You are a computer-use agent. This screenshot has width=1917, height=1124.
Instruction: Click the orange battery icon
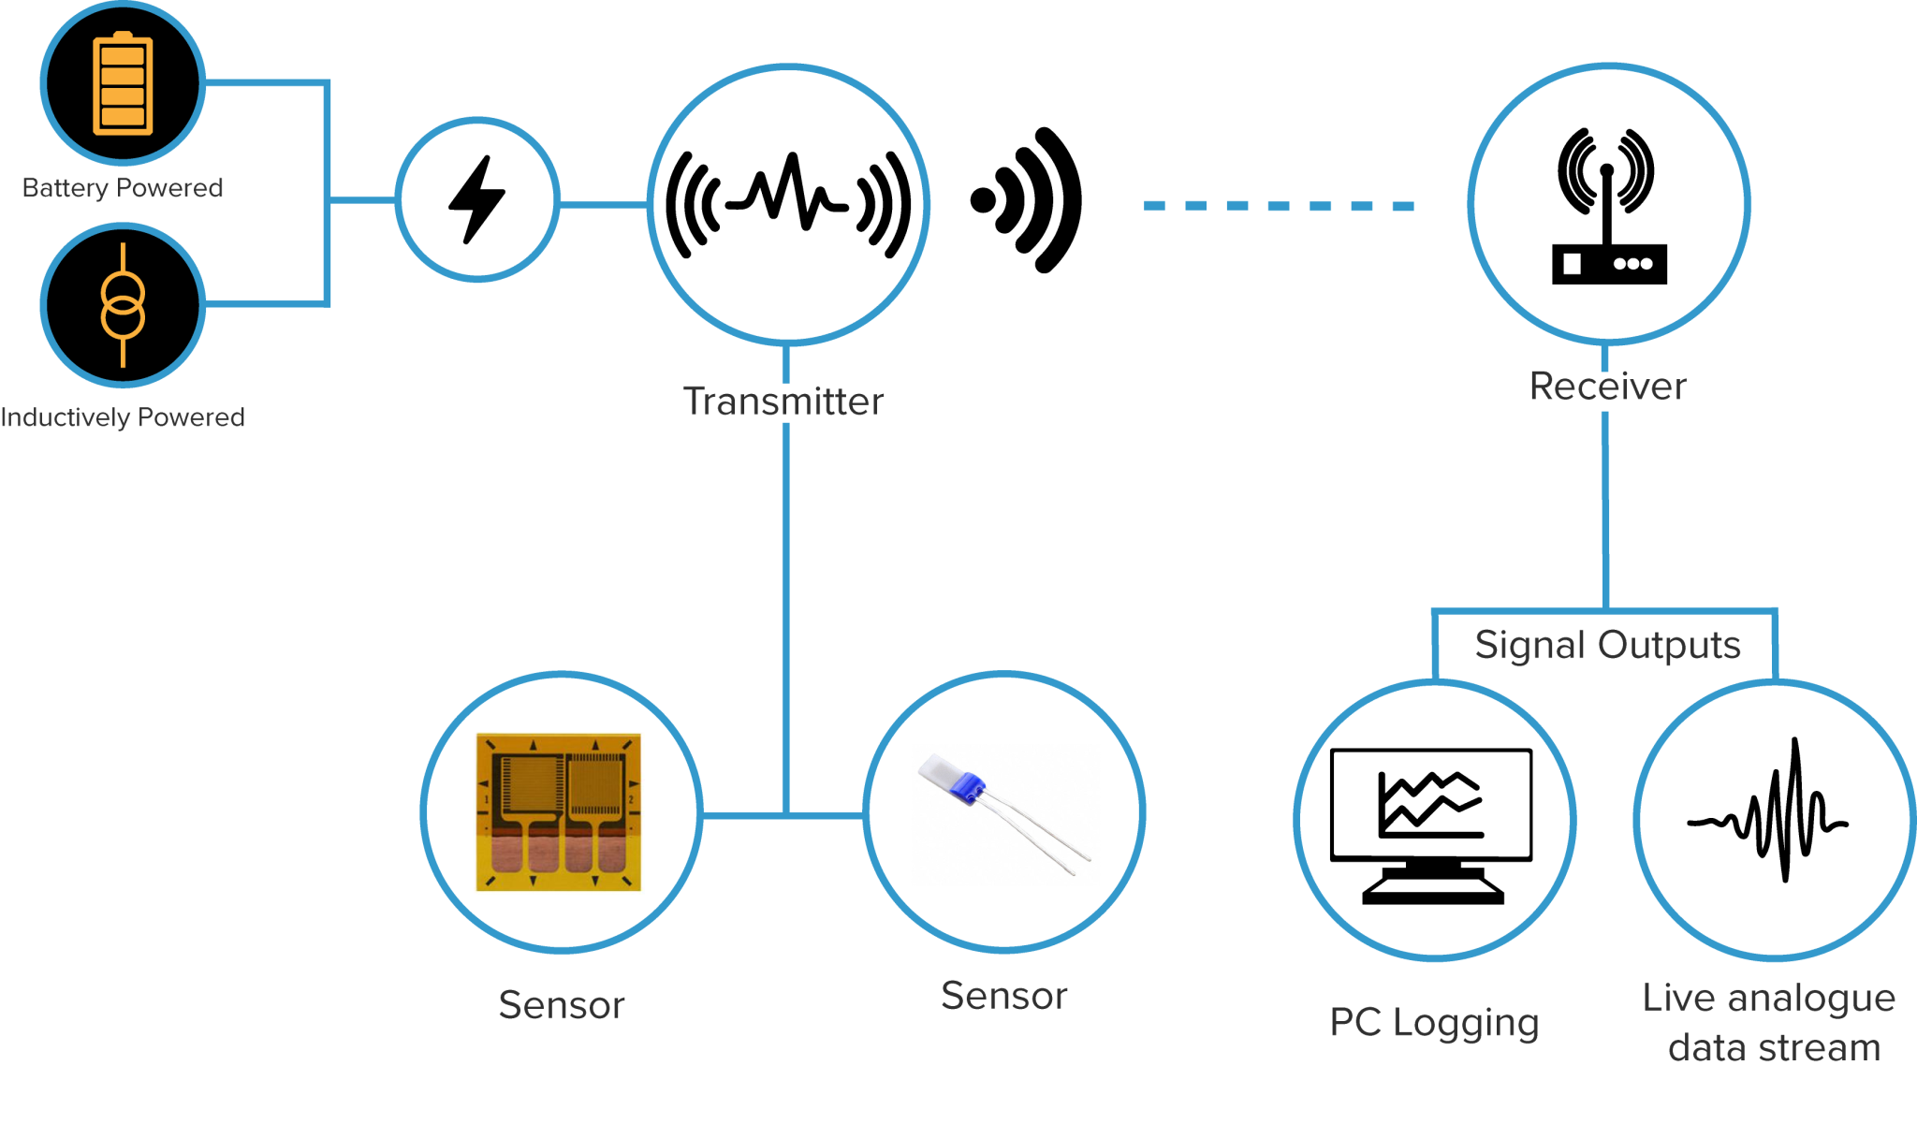coord(123,84)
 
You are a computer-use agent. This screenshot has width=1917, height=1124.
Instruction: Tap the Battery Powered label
coord(123,188)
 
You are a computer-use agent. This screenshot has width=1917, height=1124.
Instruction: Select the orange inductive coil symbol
coord(123,305)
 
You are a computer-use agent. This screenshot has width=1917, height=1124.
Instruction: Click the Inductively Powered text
coord(123,417)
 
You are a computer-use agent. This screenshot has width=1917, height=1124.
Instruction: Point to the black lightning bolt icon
coord(477,199)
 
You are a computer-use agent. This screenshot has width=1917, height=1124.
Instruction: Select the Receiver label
coord(1608,387)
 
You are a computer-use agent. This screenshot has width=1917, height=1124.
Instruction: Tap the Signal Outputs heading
coord(1607,645)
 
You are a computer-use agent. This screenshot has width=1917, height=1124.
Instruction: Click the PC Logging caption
coord(1434,1023)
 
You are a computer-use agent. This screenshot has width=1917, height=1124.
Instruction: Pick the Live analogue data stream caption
coord(1771,1023)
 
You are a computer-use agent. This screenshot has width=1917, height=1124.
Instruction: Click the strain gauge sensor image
coord(559,811)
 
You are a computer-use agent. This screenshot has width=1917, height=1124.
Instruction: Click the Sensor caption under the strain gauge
coord(562,1005)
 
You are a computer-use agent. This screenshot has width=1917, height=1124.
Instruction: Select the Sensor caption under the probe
coord(1003,996)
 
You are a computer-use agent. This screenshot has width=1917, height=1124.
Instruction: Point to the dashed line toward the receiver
coord(1278,206)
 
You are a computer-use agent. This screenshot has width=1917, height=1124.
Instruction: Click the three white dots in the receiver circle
coord(1633,264)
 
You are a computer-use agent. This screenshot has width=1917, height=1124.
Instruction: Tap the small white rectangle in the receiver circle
coord(1573,264)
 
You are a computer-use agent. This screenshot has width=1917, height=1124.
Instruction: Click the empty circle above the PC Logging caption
coord(1434,820)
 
